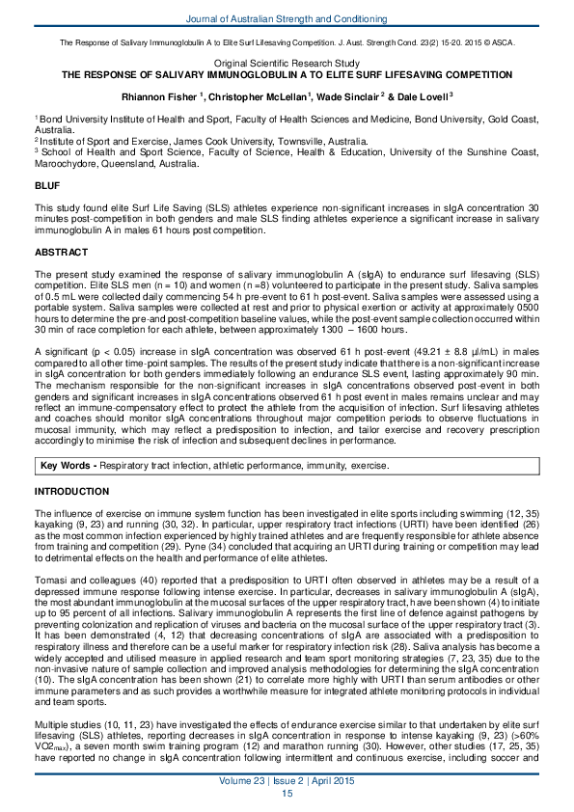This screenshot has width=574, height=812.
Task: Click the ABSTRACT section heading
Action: click(x=61, y=252)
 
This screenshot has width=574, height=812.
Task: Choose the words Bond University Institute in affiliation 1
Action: click(x=89, y=117)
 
